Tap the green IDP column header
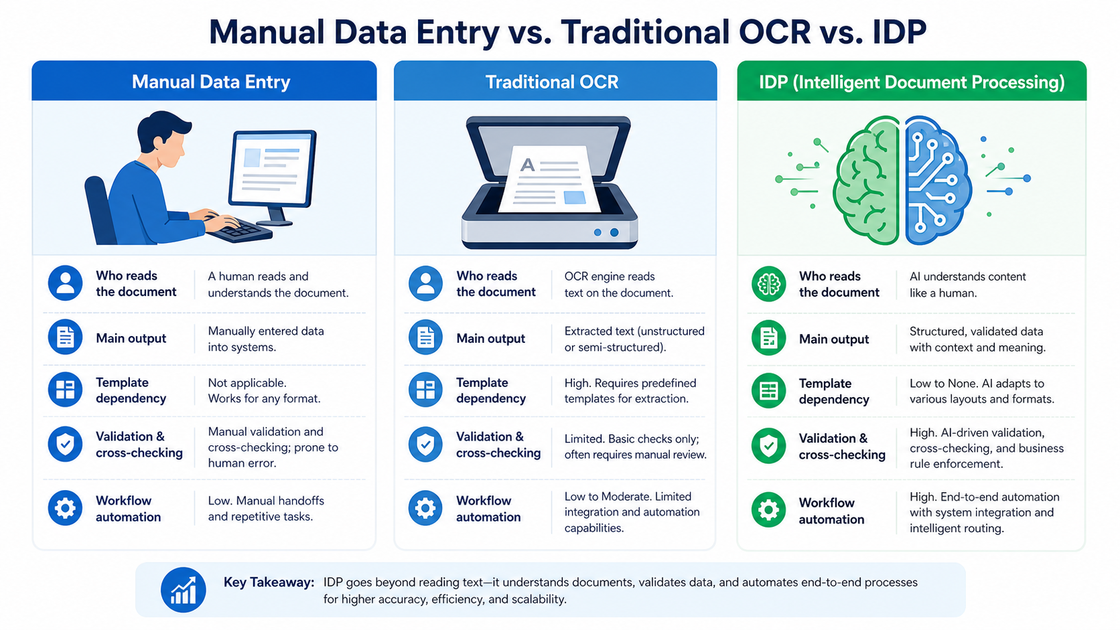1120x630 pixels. [x=912, y=81]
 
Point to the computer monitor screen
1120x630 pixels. [x=273, y=168]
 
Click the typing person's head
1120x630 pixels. [x=163, y=139]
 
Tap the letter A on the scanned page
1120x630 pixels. [x=527, y=165]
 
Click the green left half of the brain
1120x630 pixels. [x=865, y=180]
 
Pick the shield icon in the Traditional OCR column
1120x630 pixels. [x=425, y=444]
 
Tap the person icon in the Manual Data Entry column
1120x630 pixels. [x=65, y=283]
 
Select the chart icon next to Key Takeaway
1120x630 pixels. [x=183, y=590]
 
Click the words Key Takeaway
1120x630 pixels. [x=269, y=582]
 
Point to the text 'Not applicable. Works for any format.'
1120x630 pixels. [x=264, y=391]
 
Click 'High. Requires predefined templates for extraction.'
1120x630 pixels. [x=630, y=391]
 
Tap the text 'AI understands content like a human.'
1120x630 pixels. [x=967, y=285]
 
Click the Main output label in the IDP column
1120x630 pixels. [x=833, y=339]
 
